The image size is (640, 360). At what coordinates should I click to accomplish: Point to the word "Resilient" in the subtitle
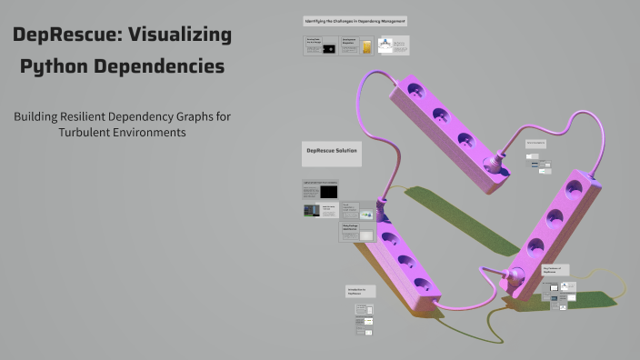tap(85, 116)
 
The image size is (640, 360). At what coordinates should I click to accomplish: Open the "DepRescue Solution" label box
tap(331, 153)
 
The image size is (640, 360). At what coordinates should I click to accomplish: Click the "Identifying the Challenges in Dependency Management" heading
tap(355, 20)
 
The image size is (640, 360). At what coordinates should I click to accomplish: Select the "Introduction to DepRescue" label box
tap(359, 292)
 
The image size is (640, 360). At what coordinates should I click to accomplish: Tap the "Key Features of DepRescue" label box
tap(555, 270)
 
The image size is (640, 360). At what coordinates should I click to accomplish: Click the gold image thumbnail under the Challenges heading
tap(365, 46)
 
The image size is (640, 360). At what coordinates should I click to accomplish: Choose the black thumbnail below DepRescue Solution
tap(327, 192)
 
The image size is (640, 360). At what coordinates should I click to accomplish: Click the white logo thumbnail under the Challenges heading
tap(387, 45)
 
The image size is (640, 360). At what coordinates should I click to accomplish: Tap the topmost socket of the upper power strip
tap(416, 91)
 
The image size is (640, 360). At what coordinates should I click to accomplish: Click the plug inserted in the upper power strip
tap(495, 165)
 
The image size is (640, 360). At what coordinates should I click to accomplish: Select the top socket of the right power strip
tap(575, 189)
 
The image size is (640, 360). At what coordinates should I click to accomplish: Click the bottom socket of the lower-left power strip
tap(421, 284)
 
